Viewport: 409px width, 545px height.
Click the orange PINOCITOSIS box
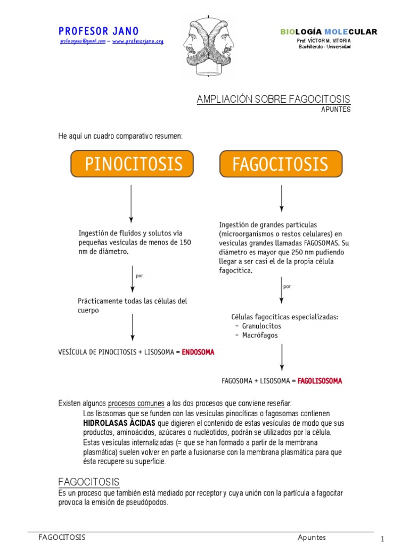coord(132,163)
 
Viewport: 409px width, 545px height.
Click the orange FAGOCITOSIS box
coord(281,164)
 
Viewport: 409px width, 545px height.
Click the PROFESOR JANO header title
coord(99,31)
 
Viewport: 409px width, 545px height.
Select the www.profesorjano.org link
coord(138,42)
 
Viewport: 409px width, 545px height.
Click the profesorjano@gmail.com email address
coord(83,42)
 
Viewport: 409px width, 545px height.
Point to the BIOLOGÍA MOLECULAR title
coord(329,32)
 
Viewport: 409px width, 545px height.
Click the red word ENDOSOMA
coord(198,352)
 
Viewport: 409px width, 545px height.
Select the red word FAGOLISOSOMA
coord(320,381)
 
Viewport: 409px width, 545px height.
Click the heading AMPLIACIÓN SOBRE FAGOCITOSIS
coord(273,100)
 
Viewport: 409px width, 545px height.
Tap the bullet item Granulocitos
coord(261,326)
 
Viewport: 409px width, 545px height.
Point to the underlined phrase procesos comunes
coord(136,403)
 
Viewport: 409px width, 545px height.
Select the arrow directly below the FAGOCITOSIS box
coord(282,198)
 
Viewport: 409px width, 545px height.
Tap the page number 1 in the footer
coord(382,539)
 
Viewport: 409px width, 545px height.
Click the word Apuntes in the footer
coord(312,538)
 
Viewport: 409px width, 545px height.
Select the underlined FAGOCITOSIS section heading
coord(88,482)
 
